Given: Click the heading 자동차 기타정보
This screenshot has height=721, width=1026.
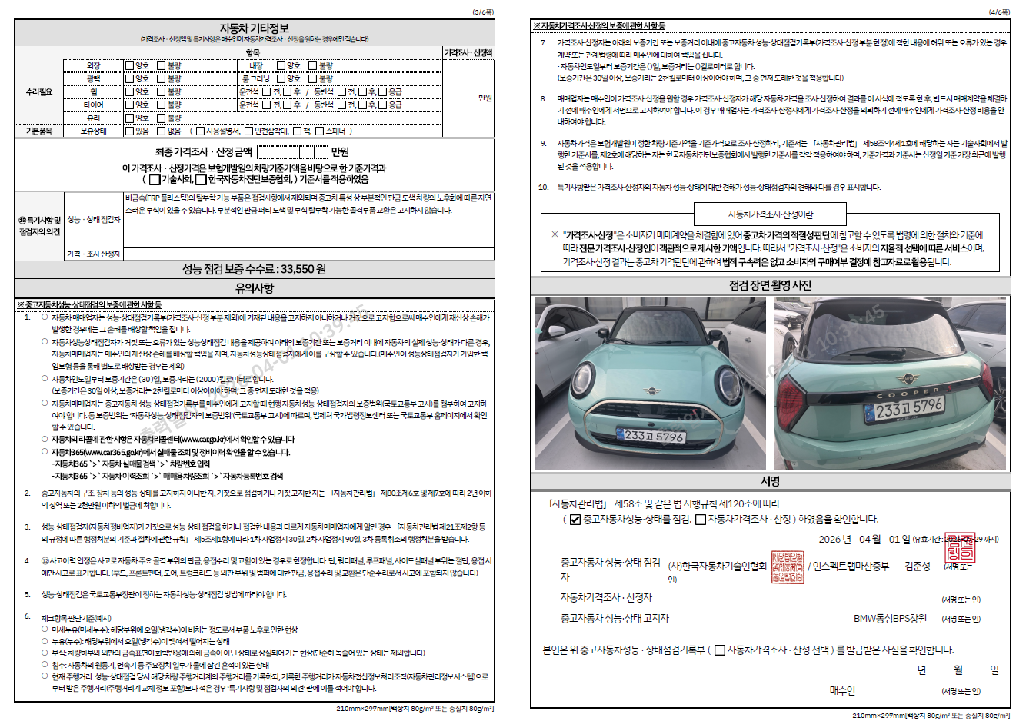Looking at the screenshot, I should coord(254,28).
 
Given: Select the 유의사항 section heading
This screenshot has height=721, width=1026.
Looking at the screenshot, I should coord(254,288).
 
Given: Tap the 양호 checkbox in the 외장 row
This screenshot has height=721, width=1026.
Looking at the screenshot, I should coord(130,66).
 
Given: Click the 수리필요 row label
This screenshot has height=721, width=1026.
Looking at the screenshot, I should coord(39,92).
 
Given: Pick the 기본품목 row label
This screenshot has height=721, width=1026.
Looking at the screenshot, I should coord(39,131).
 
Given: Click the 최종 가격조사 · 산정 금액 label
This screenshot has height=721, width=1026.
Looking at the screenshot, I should coord(203,152).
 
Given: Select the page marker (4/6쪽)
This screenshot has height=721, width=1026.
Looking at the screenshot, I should coord(999,12).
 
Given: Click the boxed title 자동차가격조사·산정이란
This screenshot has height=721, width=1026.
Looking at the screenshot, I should coord(770,214).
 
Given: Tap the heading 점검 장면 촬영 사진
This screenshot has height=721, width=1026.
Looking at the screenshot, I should coord(770,285).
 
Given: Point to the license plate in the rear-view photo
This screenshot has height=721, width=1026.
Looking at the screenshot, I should coord(908,408).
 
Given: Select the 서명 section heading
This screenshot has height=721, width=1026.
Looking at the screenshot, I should coord(770,481).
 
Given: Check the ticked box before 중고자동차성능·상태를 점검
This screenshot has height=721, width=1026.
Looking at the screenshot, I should coord(575,520).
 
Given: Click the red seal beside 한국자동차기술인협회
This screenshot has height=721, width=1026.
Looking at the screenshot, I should coord(787,566).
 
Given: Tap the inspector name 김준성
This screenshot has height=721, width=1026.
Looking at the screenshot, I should coord(917,566).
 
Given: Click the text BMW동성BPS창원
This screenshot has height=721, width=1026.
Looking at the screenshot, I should coord(890,618).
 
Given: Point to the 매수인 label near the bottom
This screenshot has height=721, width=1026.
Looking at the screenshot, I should coord(842,690).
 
